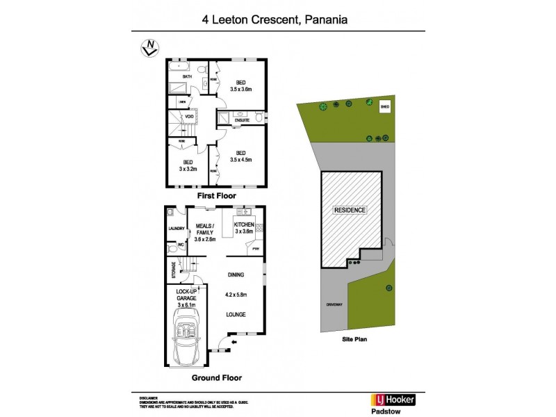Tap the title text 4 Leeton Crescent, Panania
[x=279, y=20]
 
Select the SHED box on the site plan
[x=384, y=107]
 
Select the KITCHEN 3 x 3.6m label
[x=243, y=228]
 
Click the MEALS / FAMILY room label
[x=205, y=229]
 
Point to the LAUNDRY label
[x=175, y=228]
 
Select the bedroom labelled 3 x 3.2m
[x=188, y=165]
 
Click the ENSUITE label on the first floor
[x=242, y=120]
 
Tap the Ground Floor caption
[x=212, y=378]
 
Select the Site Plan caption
[x=355, y=341]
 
